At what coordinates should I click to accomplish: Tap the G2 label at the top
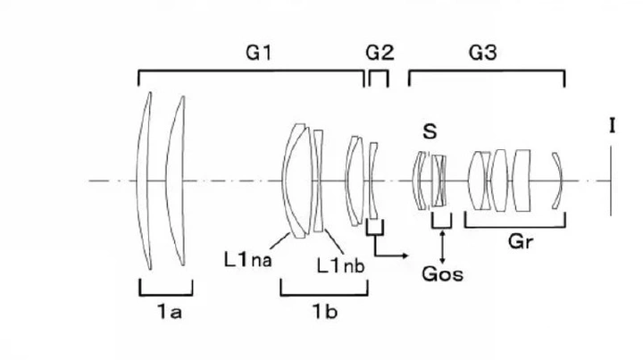tap(380, 53)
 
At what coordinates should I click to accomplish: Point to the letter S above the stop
tap(430, 132)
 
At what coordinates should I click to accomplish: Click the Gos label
tap(443, 273)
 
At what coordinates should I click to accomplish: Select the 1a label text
tap(165, 312)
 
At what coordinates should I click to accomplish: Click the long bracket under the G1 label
tap(251, 71)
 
